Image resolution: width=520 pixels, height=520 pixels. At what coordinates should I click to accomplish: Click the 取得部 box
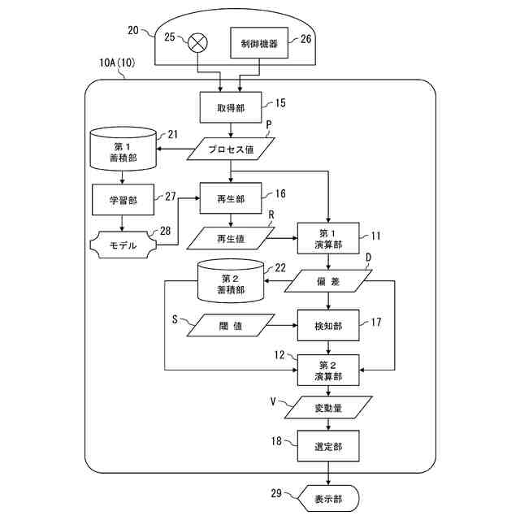pos(232,106)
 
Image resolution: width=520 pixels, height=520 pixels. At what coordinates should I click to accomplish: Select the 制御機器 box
pos(258,44)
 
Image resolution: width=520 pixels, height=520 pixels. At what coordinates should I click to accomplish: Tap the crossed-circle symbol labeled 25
pos(197,44)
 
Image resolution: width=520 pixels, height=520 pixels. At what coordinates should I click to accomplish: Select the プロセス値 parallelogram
pos(232,150)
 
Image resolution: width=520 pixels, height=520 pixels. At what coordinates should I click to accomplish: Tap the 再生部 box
pos(232,198)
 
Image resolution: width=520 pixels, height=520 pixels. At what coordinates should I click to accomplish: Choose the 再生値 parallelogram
pos(231,238)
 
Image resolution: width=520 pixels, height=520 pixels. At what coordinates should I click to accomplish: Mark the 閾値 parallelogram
pos(231,325)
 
